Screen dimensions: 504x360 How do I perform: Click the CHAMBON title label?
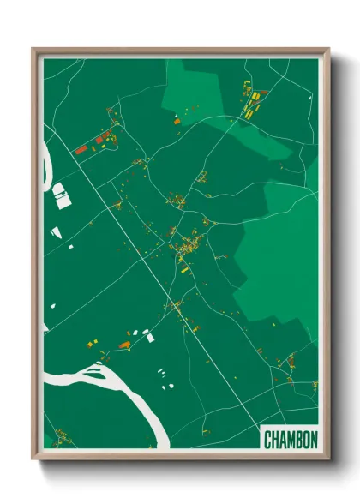click(291, 440)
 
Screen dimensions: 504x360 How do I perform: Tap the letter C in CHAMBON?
click(268, 440)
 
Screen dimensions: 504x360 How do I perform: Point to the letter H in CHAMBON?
click(275, 440)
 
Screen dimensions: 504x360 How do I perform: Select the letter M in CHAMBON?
click(291, 440)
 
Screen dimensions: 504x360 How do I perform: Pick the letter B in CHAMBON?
click(299, 440)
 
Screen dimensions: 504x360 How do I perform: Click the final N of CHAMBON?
click(314, 440)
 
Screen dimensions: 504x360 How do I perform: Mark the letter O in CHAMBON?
click(306, 440)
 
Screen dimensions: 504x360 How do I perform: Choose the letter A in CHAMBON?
click(283, 440)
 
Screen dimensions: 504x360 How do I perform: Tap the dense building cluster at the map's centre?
click(183, 249)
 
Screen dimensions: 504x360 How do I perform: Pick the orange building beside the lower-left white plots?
click(125, 345)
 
